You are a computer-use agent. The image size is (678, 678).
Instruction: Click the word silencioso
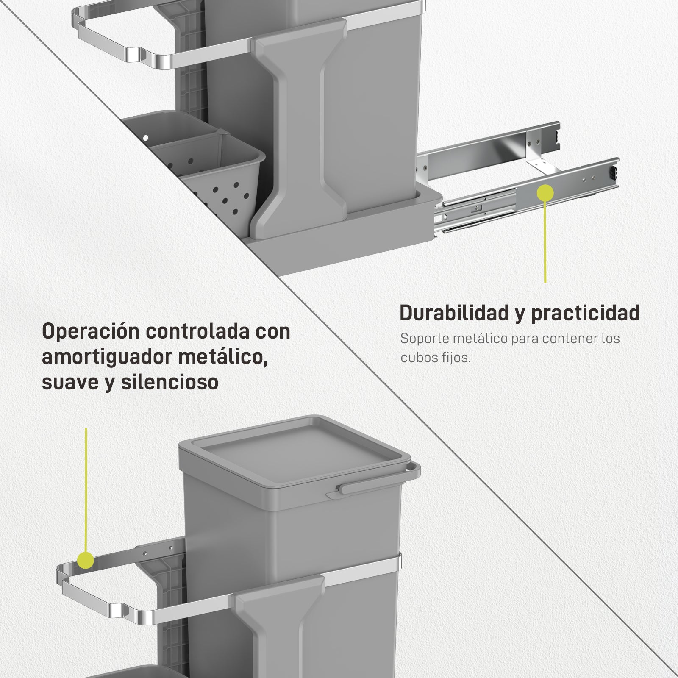(x=169, y=382)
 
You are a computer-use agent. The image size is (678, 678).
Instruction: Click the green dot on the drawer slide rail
(x=545, y=193)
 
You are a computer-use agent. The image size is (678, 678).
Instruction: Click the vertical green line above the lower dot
(x=86, y=489)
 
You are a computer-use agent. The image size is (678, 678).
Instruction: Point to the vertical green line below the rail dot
(x=545, y=242)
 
